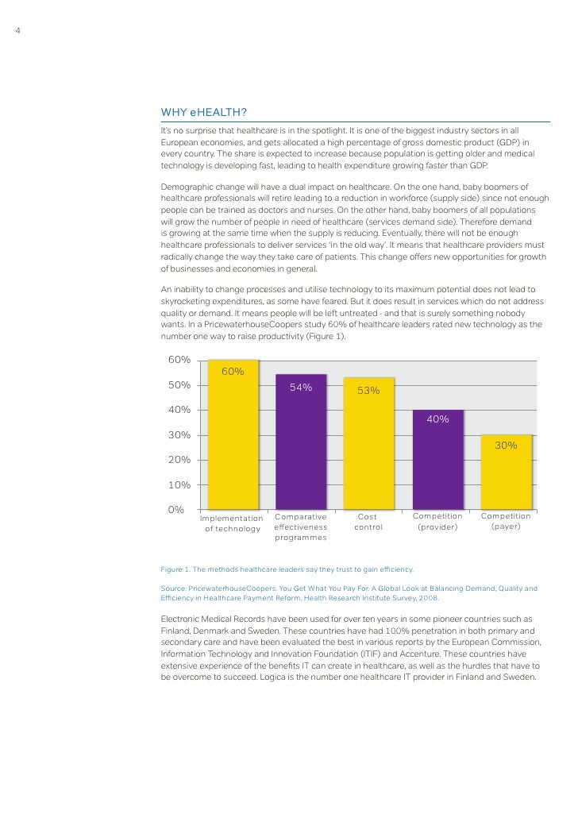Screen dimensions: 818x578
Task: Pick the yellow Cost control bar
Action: [368, 449]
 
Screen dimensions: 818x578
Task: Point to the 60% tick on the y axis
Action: [179, 360]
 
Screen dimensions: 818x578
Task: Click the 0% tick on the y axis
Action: [176, 509]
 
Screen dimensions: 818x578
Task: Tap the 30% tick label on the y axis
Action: [179, 434]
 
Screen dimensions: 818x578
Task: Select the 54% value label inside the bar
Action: [301, 388]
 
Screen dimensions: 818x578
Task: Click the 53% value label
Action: [368, 390]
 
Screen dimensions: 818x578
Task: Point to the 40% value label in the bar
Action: [438, 419]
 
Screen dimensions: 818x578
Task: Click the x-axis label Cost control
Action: [368, 522]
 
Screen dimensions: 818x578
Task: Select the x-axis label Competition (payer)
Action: [506, 522]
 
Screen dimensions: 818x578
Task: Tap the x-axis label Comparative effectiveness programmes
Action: [301, 527]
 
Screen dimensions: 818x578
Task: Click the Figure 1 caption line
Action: [287, 569]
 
